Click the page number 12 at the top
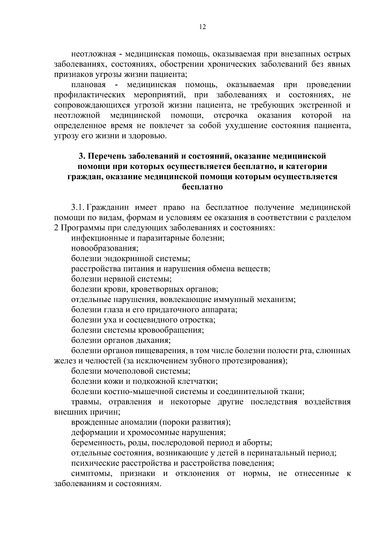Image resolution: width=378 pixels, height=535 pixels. (202, 27)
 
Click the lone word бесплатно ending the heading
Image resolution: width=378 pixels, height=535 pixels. (202, 187)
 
